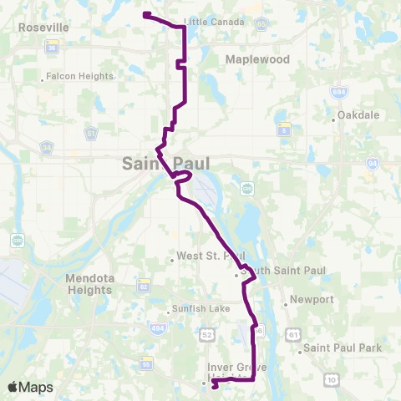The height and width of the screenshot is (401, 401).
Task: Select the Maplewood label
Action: tap(256, 59)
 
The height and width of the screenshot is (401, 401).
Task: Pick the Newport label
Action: tap(313, 299)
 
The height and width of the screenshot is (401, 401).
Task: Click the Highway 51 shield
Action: tap(92, 134)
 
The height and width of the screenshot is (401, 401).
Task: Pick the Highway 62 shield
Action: tap(145, 285)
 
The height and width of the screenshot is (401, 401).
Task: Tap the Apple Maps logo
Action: tap(29, 387)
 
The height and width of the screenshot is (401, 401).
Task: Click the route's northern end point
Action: tap(145, 14)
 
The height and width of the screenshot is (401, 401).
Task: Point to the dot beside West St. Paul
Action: tap(172, 259)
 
